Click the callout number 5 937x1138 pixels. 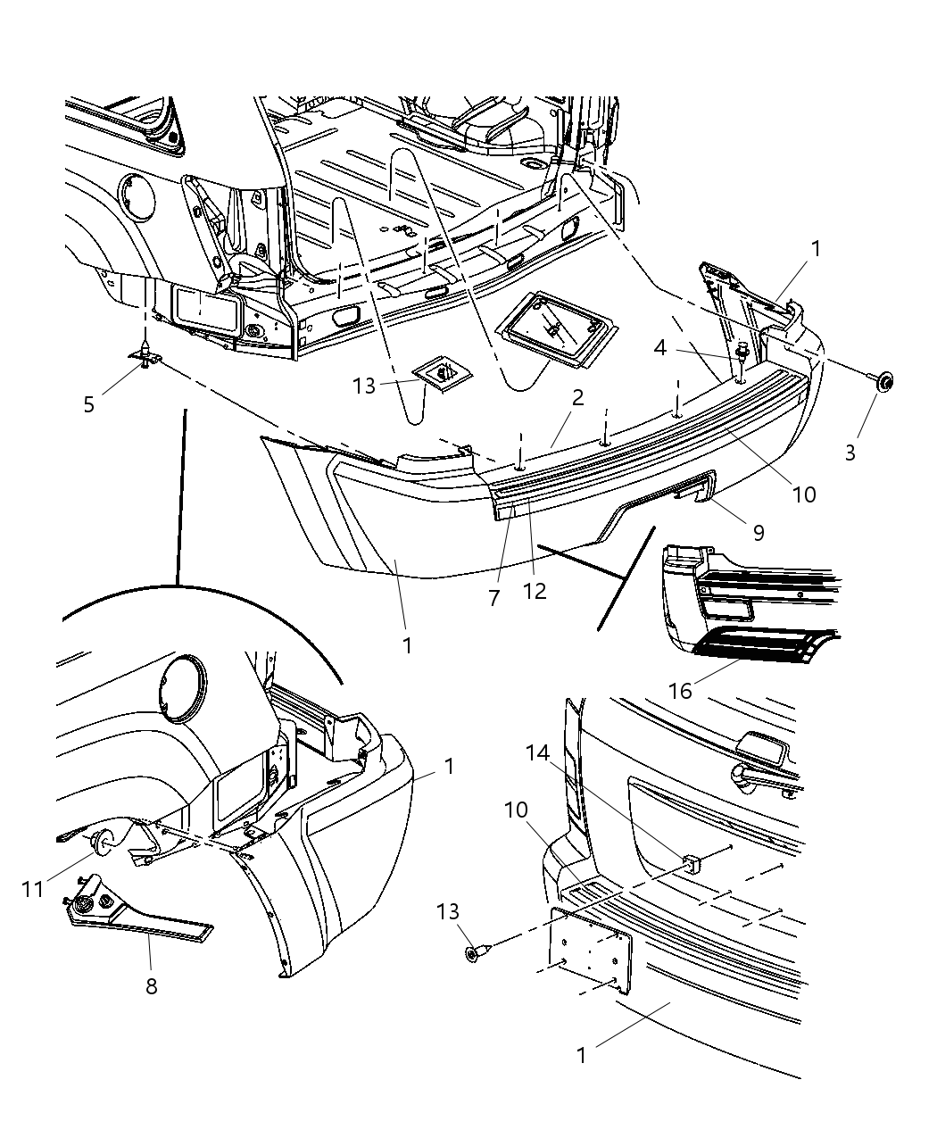[x=88, y=404]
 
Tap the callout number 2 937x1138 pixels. [x=577, y=398]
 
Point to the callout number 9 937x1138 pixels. [x=758, y=533]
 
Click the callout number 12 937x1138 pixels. [x=535, y=592]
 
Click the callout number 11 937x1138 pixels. [x=33, y=889]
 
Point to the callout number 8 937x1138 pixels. [x=152, y=987]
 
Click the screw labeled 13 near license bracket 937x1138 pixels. [x=473, y=953]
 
